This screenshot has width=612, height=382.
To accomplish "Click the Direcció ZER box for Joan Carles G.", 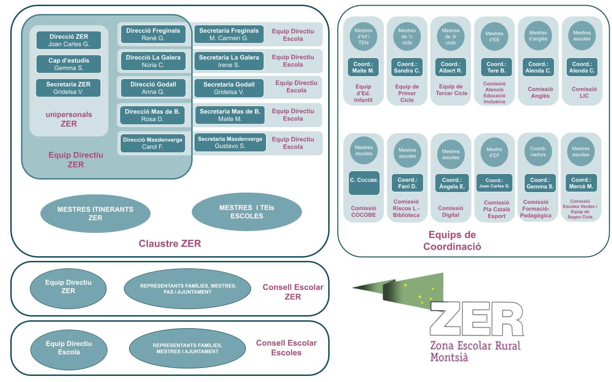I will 68,40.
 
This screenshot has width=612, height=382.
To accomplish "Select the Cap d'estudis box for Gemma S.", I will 68,64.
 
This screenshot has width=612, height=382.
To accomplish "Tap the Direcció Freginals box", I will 153,34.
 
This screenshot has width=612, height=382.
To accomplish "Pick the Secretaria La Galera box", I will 229,61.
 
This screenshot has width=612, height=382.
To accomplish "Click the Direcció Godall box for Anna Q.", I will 153,88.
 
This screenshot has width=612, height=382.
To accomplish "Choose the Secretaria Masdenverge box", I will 230,143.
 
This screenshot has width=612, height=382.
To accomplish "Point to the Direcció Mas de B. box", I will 153,115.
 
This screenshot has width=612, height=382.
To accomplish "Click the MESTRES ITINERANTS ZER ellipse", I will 95,214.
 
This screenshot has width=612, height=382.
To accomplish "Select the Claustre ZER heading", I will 170,244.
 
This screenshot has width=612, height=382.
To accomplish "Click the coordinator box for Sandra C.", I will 407,67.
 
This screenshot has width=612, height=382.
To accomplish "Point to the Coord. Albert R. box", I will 450,67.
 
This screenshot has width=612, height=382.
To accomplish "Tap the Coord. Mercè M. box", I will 581,183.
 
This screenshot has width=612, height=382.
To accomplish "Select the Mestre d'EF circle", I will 494,152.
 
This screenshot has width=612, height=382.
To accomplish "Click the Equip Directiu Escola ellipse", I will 68,348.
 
